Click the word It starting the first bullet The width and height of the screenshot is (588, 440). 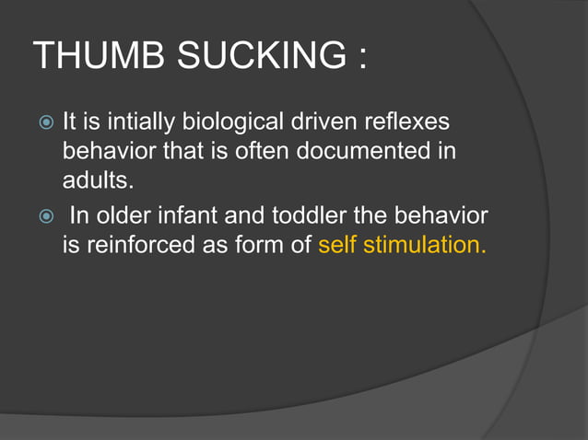(70, 121)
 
